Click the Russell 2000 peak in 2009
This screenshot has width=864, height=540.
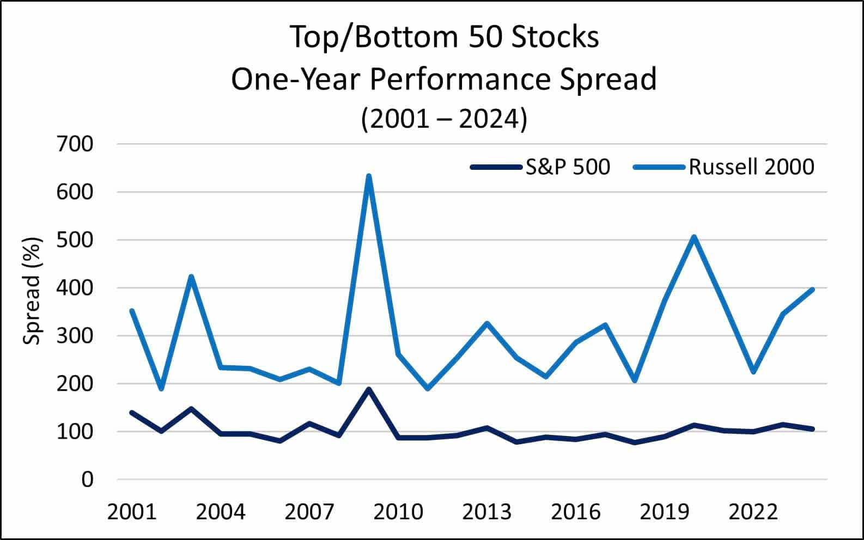(x=369, y=176)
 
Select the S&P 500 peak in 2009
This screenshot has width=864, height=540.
(x=369, y=389)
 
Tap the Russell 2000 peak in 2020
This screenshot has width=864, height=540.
(x=694, y=237)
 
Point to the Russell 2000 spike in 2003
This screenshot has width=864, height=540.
(x=191, y=277)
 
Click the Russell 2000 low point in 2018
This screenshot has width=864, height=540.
(x=635, y=381)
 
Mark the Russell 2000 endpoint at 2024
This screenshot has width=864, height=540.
(x=812, y=290)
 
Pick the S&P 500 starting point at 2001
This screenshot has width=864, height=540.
(x=132, y=413)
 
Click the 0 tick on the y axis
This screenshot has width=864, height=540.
(x=87, y=480)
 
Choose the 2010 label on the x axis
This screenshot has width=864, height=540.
(x=398, y=512)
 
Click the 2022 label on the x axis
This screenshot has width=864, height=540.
(x=753, y=512)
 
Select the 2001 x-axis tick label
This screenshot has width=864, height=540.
(x=132, y=512)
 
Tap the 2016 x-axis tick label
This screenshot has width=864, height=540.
(x=575, y=512)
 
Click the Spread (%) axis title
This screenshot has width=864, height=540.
(x=33, y=291)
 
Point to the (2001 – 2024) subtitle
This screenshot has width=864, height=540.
(x=444, y=119)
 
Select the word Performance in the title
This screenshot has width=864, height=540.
(x=460, y=79)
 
